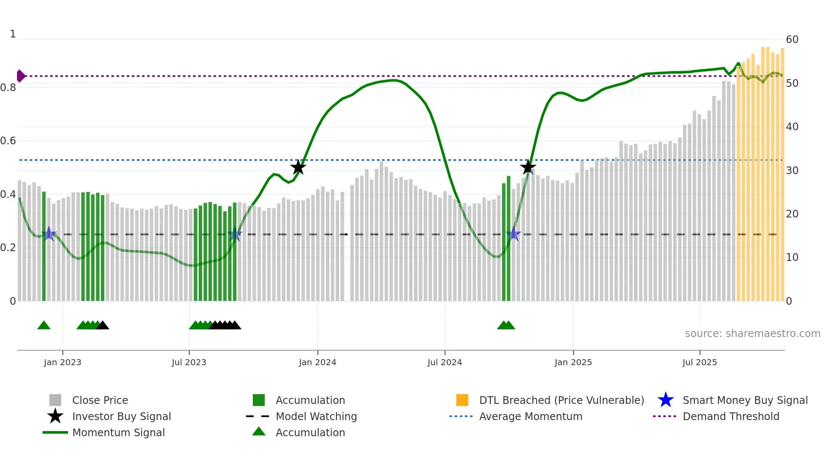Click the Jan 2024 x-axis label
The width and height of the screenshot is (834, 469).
[317, 363]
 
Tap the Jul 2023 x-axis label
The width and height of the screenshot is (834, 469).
[189, 363]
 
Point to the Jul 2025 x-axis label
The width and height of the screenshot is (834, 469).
[700, 363]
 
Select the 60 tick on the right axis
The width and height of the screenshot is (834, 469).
[792, 40]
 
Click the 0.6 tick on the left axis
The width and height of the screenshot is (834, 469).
[8, 141]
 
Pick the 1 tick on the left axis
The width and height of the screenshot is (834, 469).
[13, 34]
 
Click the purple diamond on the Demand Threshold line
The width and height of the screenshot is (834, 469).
[20, 76]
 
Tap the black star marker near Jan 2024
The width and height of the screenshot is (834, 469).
[298, 167]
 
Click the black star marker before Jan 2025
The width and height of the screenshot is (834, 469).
[528, 167]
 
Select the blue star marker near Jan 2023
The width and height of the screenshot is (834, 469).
[49, 234]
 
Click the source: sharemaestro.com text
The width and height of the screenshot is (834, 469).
[752, 334]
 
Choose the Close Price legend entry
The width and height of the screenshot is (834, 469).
[100, 400]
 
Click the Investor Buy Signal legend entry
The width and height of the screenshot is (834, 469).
[121, 417]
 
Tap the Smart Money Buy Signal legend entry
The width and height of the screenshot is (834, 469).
[745, 400]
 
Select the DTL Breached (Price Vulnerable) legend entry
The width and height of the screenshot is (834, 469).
[561, 400]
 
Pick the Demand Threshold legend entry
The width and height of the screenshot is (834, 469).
[731, 417]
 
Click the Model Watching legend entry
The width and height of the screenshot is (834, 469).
[316, 417]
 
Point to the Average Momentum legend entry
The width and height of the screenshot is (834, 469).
[530, 417]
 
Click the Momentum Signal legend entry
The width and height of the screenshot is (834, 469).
[118, 433]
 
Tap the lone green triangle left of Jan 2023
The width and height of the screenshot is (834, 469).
[44, 326]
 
